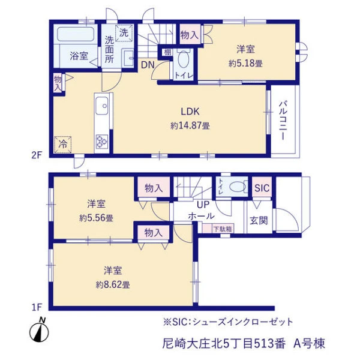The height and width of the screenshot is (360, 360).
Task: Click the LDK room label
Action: [190, 112]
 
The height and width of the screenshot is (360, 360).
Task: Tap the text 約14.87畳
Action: [190, 125]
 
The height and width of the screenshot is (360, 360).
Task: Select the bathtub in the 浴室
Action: [76, 34]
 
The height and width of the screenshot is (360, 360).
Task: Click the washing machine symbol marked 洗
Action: [124, 33]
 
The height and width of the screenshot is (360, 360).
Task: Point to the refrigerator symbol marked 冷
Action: [62, 145]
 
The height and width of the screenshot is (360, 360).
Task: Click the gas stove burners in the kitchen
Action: [102, 141]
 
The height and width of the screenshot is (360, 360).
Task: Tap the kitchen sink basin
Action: [102, 106]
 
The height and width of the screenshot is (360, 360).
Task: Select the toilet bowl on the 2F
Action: [184, 59]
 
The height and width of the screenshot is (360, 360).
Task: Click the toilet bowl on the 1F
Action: [238, 187]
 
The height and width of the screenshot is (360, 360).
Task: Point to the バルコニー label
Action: [283, 121]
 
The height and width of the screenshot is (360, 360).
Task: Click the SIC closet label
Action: [262, 188]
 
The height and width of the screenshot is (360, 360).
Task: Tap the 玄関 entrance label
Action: [259, 221]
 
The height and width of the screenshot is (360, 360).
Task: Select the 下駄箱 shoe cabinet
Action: [218, 228]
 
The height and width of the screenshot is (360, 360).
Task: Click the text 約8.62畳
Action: [113, 284]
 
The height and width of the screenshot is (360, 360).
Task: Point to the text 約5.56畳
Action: [96, 218]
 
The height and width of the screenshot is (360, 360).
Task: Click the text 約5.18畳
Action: [245, 63]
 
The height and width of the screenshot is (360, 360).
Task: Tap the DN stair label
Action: [148, 65]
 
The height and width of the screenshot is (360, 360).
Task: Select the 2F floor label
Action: [37, 155]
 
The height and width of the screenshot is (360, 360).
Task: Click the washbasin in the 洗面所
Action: [128, 58]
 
